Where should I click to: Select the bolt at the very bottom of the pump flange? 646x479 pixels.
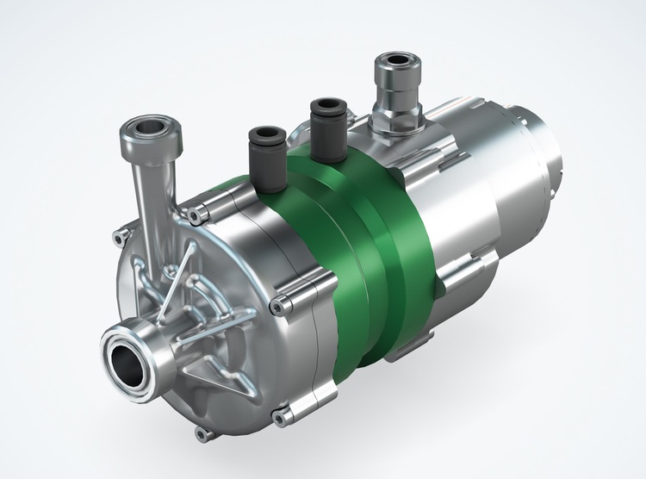202,433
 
